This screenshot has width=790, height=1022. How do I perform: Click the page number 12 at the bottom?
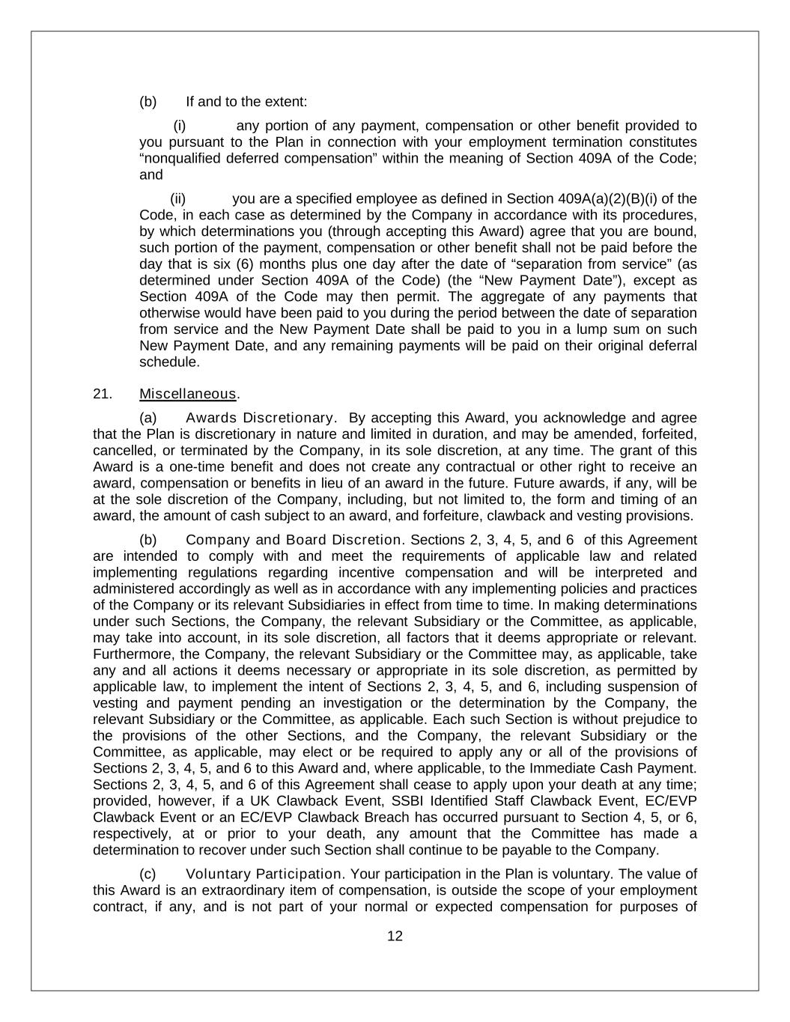[x=395, y=935]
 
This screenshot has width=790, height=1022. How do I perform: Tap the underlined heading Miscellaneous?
[x=187, y=394]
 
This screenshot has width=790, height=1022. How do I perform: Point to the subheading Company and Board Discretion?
[x=293, y=540]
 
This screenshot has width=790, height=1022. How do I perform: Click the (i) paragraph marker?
[x=180, y=126]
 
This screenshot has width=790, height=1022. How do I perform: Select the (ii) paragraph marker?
[x=178, y=198]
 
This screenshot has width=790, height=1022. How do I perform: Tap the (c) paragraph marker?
[x=148, y=874]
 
